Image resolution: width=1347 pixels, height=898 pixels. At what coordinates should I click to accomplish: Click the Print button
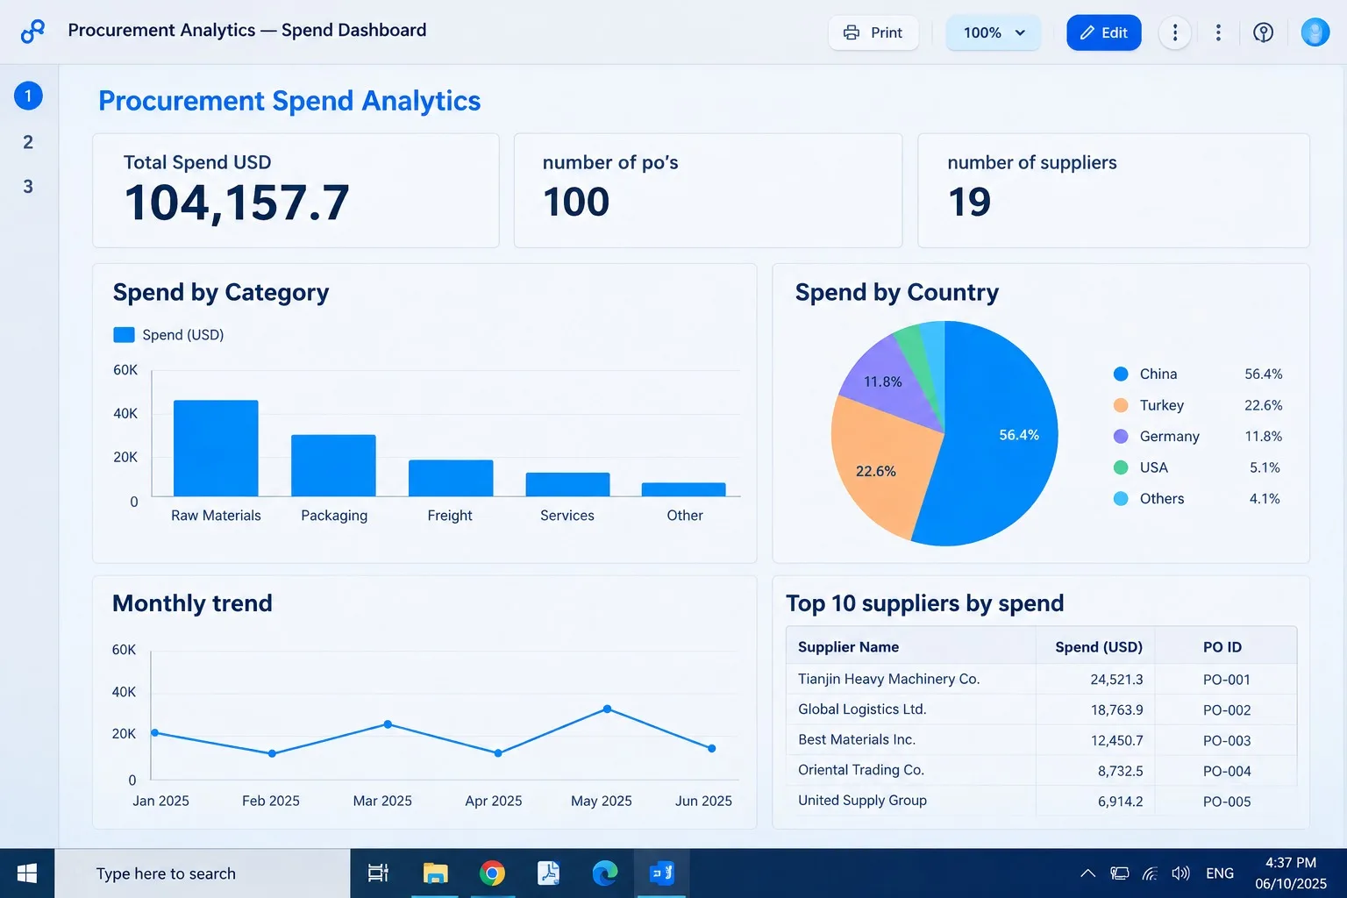873,32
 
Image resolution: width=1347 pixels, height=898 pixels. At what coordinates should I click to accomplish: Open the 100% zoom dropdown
993,32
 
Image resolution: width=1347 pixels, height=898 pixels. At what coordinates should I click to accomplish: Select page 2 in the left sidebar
28,142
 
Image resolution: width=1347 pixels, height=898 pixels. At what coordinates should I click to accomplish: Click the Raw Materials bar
216,448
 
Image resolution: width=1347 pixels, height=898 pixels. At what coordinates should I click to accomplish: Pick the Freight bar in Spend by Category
451,478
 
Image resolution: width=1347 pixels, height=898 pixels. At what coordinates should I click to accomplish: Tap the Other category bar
684,489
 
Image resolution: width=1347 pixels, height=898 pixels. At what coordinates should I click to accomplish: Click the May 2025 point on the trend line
608,709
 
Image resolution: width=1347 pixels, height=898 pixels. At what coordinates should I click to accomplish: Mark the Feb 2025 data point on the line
273,753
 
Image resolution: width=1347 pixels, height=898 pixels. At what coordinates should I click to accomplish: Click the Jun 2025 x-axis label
703,801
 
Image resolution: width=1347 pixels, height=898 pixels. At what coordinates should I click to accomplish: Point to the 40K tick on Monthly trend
124,692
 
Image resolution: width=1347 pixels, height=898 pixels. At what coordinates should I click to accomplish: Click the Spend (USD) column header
1099,647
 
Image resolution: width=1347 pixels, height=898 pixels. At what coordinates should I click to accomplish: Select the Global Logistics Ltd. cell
862,709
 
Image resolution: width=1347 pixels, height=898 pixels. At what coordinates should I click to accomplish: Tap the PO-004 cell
1227,771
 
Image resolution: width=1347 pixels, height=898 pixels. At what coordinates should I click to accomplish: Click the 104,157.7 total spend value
236,203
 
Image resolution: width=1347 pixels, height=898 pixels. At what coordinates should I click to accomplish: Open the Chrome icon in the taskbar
492,873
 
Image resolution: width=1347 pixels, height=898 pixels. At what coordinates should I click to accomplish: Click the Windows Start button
27,873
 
